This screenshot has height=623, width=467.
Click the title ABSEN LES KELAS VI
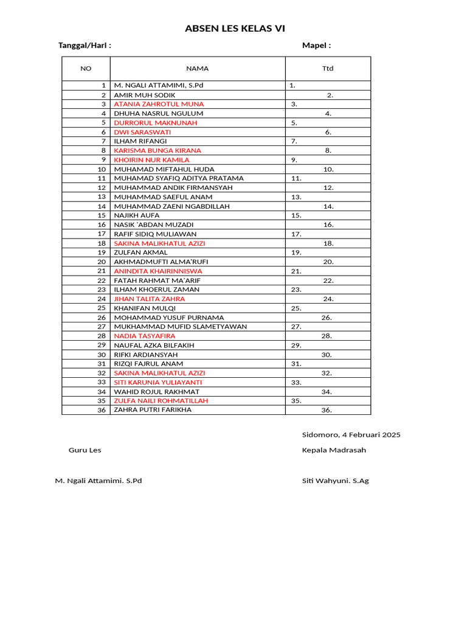pos(235,29)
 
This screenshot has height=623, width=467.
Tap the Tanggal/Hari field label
pos(85,46)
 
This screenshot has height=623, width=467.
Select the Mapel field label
pos(316,46)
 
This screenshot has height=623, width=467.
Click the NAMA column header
pos(197,69)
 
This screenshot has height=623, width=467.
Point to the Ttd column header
pos(328,69)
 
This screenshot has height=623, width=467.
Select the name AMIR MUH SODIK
pos(145,95)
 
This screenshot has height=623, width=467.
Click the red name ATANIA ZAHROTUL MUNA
pos(159,104)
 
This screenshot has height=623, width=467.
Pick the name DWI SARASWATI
pos(142,132)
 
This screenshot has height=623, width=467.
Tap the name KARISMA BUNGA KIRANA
pos(157,150)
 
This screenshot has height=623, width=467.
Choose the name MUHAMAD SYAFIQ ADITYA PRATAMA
pos(179,178)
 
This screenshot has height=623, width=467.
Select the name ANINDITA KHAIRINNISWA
pos(158,271)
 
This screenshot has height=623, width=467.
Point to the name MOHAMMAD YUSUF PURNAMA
pos(169,318)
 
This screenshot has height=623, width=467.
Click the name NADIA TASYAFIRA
pos(145,336)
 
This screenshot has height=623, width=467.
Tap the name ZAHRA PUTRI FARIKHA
pos(153,410)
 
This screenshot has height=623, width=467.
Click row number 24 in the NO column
pos(102,299)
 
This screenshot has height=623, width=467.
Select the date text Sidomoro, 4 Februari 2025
pos(351,435)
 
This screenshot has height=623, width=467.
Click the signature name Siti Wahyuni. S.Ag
pos(335,481)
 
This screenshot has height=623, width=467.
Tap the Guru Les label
pos(85,450)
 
